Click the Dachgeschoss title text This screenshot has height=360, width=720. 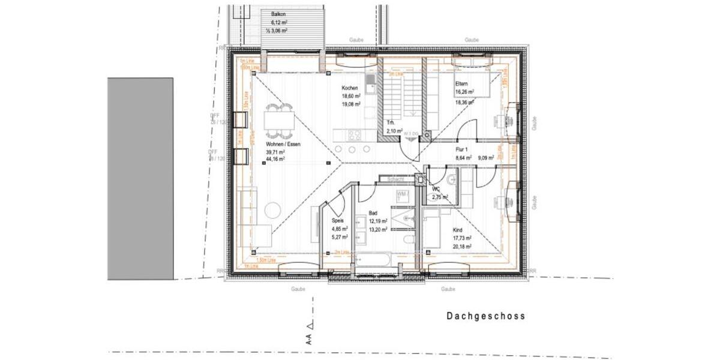click(x=485, y=316)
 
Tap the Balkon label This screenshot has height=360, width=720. click(x=278, y=13)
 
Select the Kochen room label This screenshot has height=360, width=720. click(x=350, y=88)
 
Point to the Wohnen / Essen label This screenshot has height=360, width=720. click(x=283, y=145)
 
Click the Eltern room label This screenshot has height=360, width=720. click(x=461, y=84)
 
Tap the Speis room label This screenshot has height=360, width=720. click(x=338, y=221)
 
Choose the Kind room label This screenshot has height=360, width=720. click(x=458, y=230)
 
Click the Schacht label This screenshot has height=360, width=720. click(x=395, y=179)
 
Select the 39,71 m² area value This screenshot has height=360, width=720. click(x=275, y=152)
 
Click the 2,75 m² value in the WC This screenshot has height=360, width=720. click(x=440, y=197)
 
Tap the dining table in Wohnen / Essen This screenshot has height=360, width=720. click(x=279, y=121)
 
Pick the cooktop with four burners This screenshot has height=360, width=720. click(x=354, y=134)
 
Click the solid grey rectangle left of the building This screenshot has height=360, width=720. click(x=140, y=178)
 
